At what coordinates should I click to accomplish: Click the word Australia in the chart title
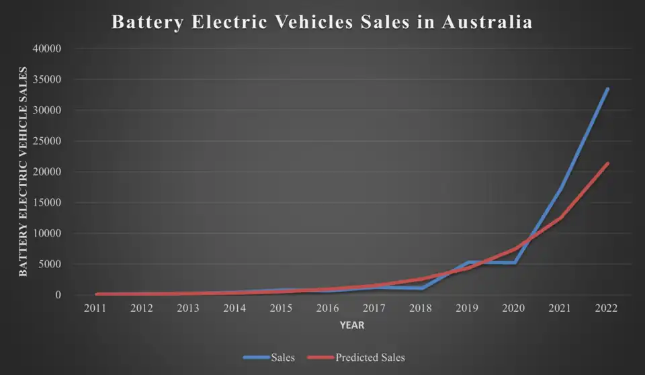(x=487, y=22)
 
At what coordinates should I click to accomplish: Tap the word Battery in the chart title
(x=145, y=22)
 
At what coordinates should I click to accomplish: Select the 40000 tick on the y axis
(x=47, y=49)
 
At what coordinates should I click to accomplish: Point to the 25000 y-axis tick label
(x=47, y=141)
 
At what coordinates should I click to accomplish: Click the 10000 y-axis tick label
(x=47, y=234)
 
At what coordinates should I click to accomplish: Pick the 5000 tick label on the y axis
(x=50, y=265)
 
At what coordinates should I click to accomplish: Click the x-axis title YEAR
(x=351, y=325)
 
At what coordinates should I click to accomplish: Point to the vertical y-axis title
(x=24, y=171)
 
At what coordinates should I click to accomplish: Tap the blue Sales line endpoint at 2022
(x=607, y=89)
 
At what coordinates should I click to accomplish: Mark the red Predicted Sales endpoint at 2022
(x=607, y=163)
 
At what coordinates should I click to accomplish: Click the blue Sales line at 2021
(x=560, y=188)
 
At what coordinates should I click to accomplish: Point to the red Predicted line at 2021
(x=560, y=217)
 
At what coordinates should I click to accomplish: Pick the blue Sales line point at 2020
(x=514, y=263)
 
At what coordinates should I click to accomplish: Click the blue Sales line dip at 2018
(x=421, y=288)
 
